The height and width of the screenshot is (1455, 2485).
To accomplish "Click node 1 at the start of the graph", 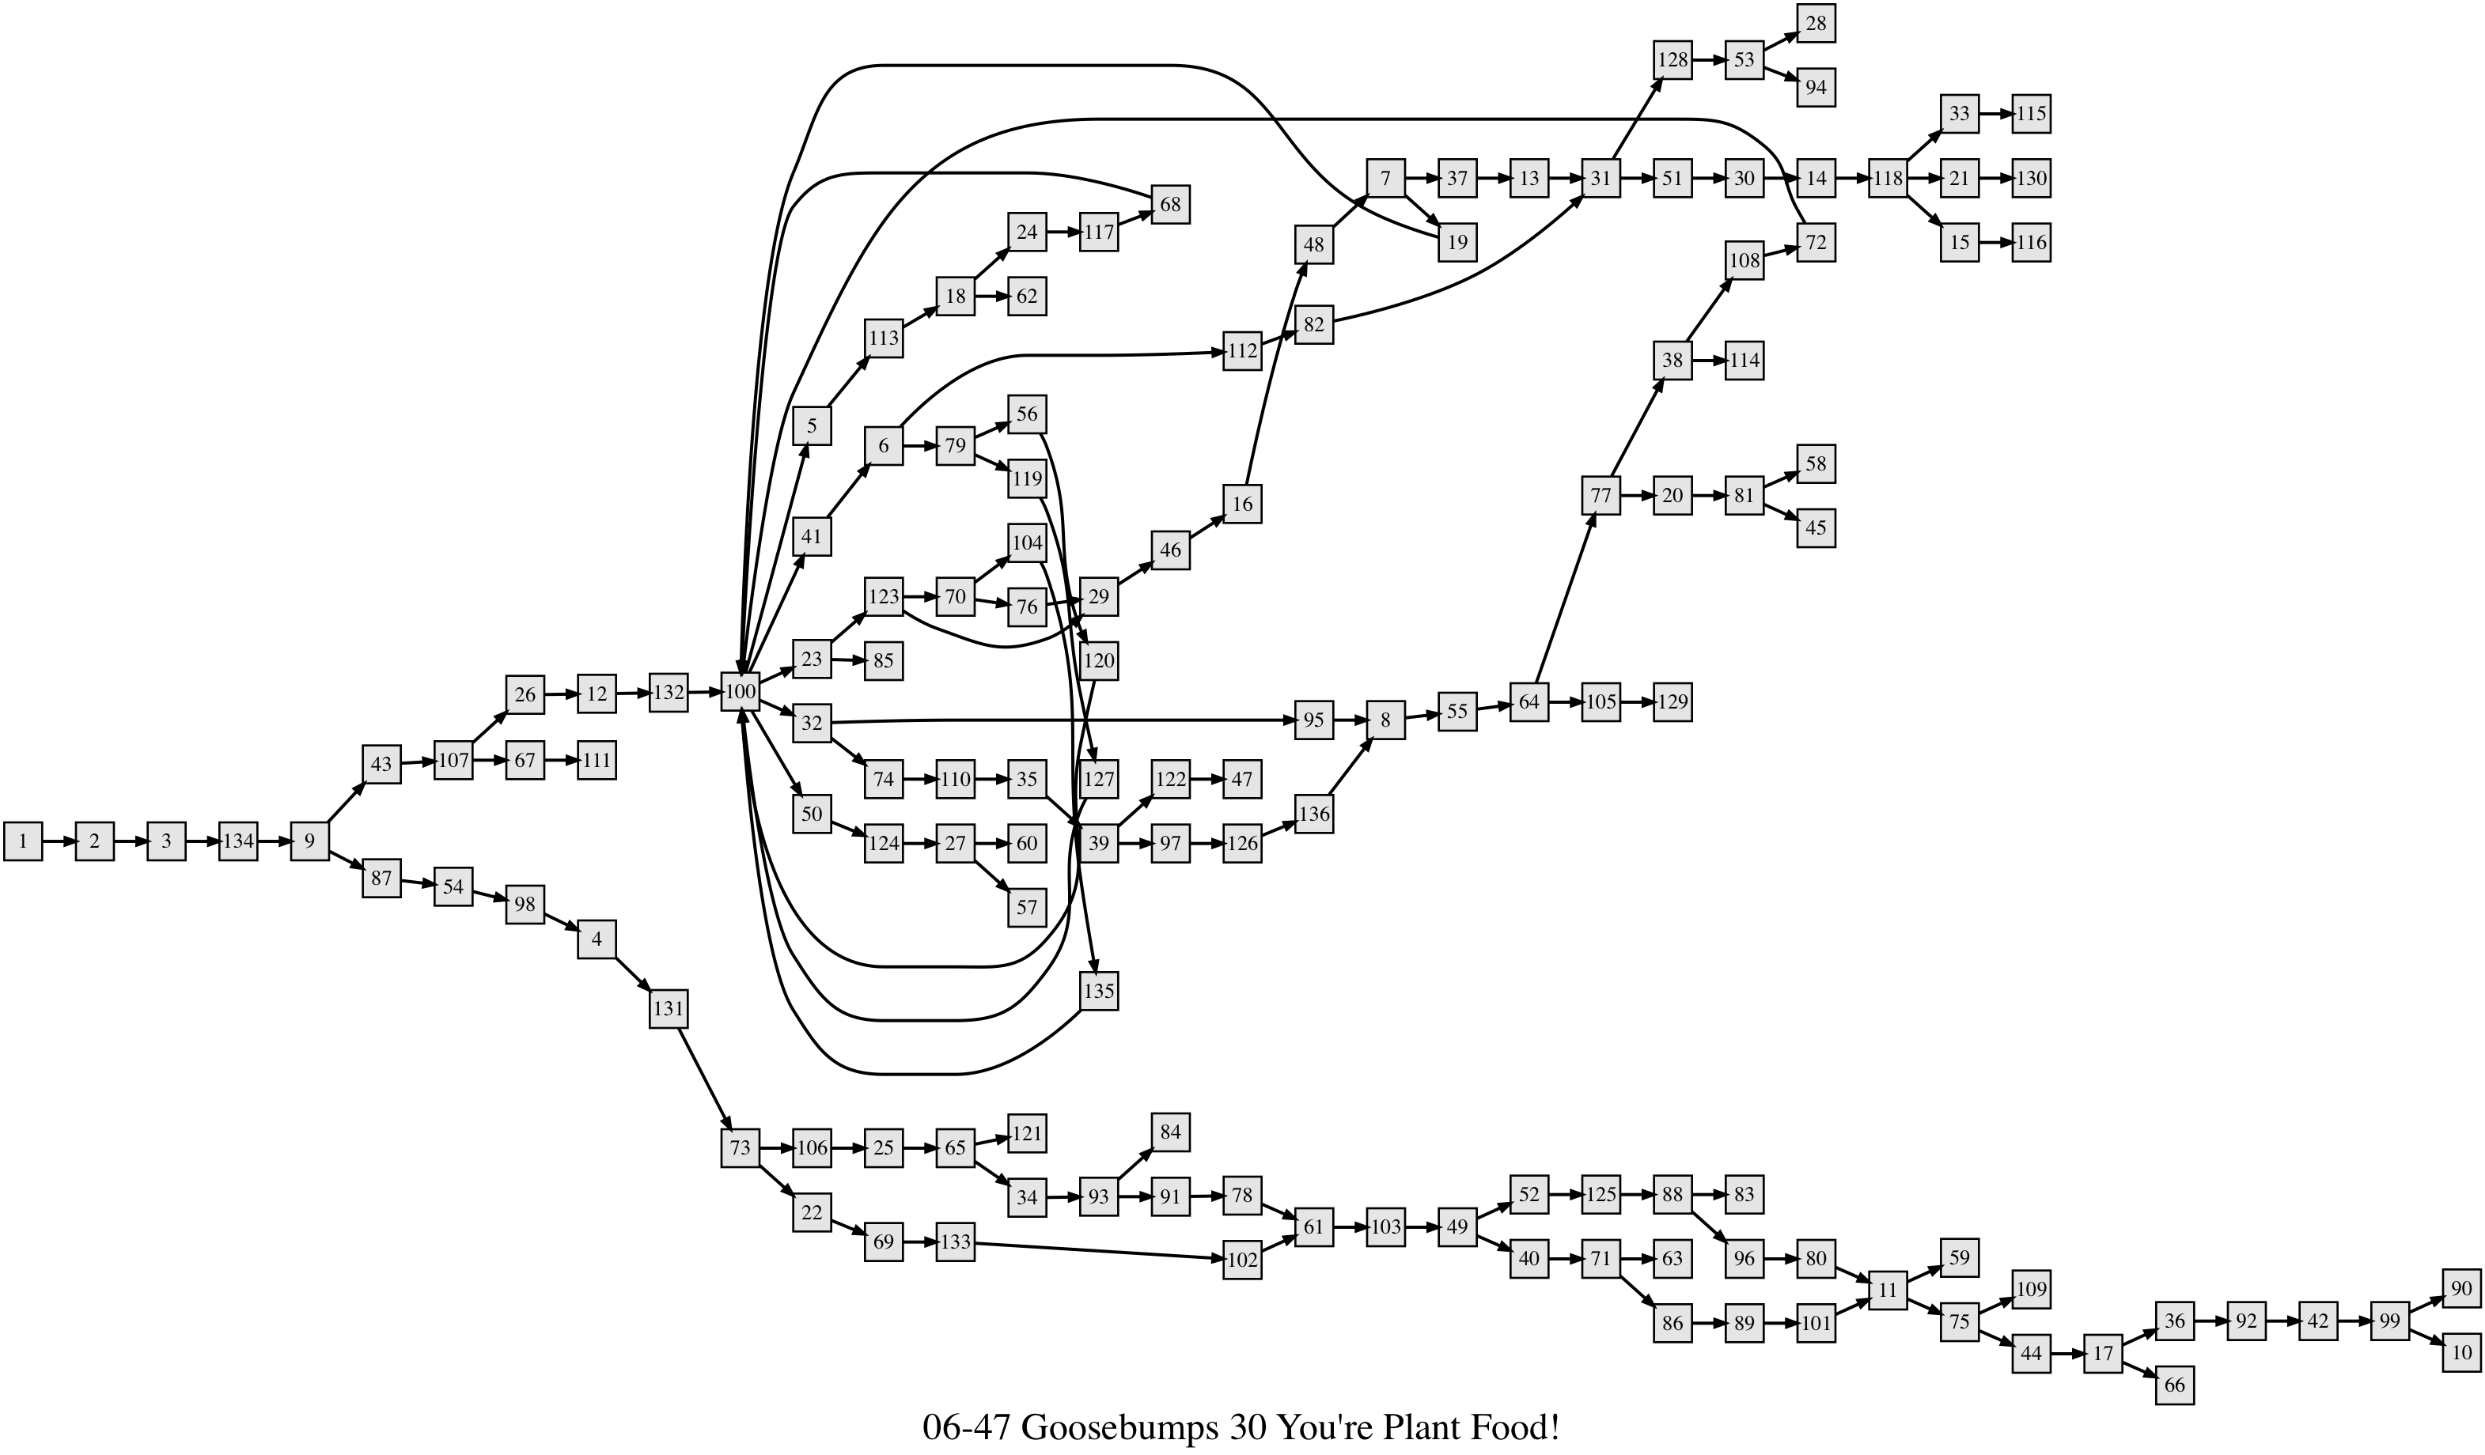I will pyautogui.click(x=23, y=841).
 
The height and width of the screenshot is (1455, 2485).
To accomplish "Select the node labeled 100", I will pyautogui.click(x=740, y=692).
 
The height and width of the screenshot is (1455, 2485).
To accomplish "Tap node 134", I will pyautogui.click(x=237, y=841).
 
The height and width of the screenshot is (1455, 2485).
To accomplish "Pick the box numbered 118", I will pyautogui.click(x=1888, y=179).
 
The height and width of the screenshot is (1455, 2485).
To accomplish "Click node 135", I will pyautogui.click(x=1099, y=991).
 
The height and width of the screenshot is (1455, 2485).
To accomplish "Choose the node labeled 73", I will pyautogui.click(x=740, y=1147).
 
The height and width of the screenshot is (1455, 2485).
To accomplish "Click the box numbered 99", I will pyautogui.click(x=2389, y=1320).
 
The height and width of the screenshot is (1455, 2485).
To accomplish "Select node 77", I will pyautogui.click(x=1600, y=495).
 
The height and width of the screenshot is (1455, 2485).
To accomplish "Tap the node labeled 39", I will pyautogui.click(x=1099, y=843).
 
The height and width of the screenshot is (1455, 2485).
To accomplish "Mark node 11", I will pyautogui.click(x=1888, y=1291).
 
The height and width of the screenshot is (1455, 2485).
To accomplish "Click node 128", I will pyautogui.click(x=1672, y=60).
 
